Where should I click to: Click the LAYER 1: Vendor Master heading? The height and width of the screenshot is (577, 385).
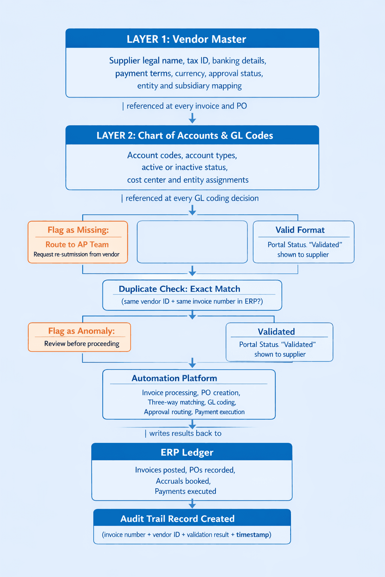tap(186, 39)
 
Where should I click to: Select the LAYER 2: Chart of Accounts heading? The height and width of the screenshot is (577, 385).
tap(185, 135)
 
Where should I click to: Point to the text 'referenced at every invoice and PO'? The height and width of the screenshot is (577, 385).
tap(186, 106)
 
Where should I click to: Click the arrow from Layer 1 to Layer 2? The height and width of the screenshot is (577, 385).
tap(192, 118)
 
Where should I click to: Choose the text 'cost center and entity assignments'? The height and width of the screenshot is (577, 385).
tap(188, 180)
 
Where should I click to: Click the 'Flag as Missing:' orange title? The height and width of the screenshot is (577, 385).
tap(78, 230)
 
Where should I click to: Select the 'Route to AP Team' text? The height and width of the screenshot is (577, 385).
tap(77, 245)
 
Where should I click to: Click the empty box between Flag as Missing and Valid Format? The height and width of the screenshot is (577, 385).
tap(192, 242)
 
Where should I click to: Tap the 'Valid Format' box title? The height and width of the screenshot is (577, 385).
tap(300, 230)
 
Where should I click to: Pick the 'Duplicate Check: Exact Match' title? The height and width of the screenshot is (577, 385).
tap(179, 289)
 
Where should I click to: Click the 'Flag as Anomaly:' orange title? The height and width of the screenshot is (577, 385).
tap(81, 331)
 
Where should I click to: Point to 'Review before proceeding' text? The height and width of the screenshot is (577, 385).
tap(82, 344)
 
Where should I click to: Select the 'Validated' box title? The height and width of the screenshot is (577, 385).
tap(276, 332)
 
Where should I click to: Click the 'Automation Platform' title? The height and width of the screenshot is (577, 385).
tap(174, 378)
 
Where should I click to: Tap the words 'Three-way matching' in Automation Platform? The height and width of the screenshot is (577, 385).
tap(176, 402)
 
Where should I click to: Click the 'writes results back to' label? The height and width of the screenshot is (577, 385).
tap(185, 434)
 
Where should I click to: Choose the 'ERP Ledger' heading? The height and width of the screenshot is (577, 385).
tap(187, 452)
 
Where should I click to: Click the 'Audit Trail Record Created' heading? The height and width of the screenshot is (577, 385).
tap(177, 519)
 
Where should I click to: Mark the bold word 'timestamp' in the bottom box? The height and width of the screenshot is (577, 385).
tap(253, 535)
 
